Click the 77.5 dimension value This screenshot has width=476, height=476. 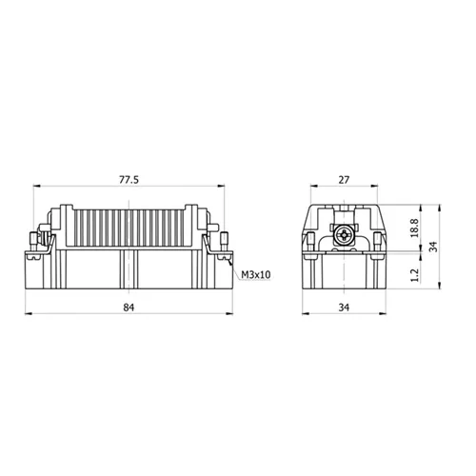(129, 180)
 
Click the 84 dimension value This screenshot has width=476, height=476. (129, 307)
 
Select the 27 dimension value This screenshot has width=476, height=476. (344, 180)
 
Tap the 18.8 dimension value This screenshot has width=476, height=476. (414, 228)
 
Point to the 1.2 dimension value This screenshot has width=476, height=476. (414, 275)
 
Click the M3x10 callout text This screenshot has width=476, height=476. (256, 274)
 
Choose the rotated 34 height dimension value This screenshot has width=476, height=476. (433, 247)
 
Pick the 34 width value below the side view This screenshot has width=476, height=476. (344, 307)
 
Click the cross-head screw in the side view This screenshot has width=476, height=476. (344, 235)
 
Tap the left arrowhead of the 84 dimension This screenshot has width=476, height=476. (29, 314)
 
